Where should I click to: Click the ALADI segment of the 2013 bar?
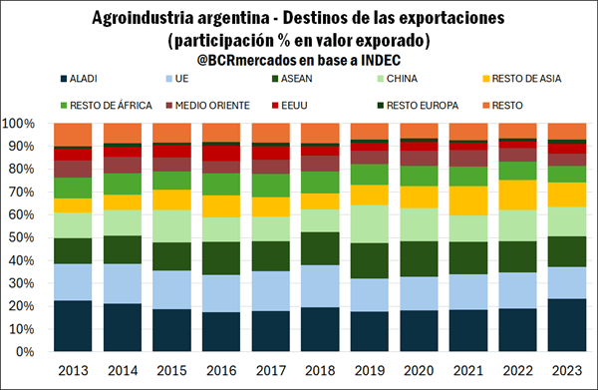73,326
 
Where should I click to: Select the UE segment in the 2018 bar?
320,286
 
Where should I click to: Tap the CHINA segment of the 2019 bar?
369,224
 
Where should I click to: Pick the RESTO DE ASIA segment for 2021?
468,200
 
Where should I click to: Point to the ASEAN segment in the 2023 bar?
567,251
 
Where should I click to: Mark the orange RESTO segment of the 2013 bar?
73,135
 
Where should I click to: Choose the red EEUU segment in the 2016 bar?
221,154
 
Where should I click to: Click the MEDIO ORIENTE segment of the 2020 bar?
419,159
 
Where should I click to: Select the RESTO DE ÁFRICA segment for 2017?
270,186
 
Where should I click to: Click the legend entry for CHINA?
397,79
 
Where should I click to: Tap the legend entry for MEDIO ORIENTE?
208,106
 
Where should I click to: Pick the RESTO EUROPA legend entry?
418,106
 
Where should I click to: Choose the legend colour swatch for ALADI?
64,79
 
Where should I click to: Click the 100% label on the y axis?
18,124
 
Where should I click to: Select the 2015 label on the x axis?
172,370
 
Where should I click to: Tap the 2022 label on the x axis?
518,370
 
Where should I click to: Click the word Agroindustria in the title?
143,18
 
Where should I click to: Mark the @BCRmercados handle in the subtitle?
247,60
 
